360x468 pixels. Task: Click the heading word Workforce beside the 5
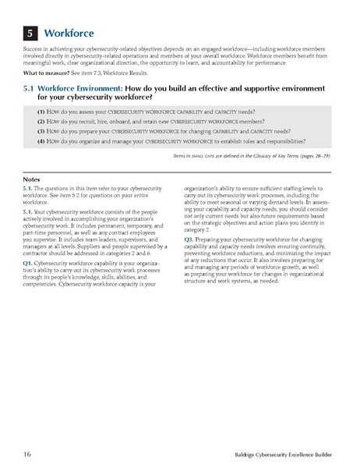tap(69, 34)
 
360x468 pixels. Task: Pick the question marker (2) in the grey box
tap(41, 123)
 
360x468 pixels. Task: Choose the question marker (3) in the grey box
tap(41, 133)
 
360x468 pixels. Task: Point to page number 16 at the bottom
tap(26, 452)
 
